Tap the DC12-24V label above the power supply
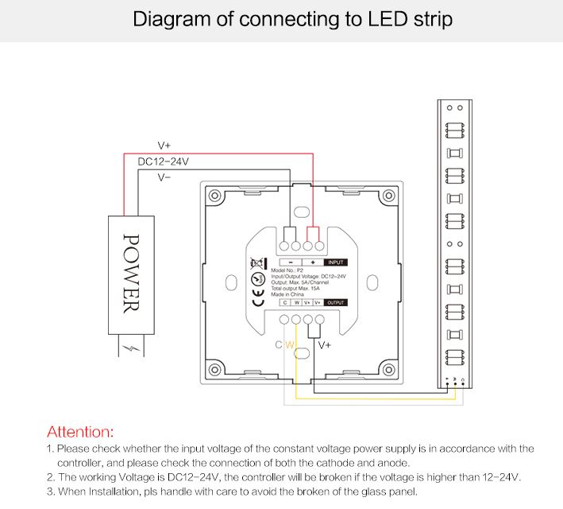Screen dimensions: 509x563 (164, 161)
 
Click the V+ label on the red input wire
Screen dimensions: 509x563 (164, 146)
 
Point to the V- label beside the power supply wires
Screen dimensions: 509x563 (164, 177)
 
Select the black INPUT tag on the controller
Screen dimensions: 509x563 (336, 262)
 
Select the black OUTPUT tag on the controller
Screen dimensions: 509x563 (337, 302)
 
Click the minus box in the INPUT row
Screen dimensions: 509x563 (291, 262)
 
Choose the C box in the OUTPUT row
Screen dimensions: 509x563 (285, 302)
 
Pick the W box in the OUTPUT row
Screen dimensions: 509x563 (295, 302)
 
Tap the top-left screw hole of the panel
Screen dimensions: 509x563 (214, 196)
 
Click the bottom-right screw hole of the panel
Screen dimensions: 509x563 (388, 370)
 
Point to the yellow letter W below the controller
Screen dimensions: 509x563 (290, 345)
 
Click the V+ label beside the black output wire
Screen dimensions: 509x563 (325, 345)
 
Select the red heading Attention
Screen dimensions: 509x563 (80, 432)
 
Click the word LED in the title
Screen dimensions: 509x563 (364, 19)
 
